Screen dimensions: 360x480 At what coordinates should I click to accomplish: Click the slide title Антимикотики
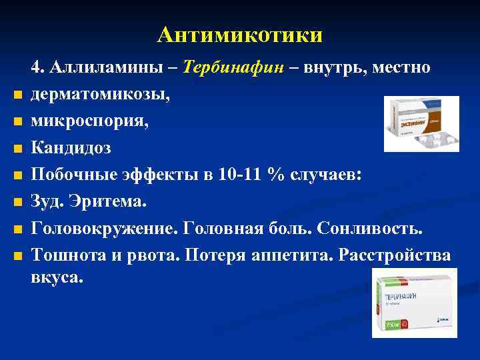[x=240, y=34]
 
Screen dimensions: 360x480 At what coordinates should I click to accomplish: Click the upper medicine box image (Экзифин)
[x=421, y=123]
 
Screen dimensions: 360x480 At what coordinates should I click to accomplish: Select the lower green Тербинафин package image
[x=414, y=302]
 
